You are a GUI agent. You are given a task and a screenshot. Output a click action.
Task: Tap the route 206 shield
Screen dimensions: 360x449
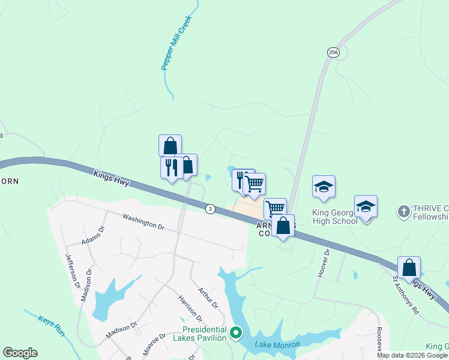click(x=333, y=53)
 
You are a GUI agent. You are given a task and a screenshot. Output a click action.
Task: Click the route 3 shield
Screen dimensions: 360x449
click(x=209, y=209)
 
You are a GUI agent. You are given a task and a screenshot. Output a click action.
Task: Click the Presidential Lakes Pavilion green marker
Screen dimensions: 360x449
click(x=236, y=331)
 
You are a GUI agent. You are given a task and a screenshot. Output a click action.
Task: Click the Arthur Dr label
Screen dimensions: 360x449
click(x=207, y=296)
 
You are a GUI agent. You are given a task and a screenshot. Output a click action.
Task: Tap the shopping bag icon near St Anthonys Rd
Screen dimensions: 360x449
click(x=409, y=267)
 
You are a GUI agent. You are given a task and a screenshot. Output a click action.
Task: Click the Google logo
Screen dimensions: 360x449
click(x=20, y=353)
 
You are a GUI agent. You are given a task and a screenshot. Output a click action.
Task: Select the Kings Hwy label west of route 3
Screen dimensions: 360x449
click(x=112, y=178)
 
